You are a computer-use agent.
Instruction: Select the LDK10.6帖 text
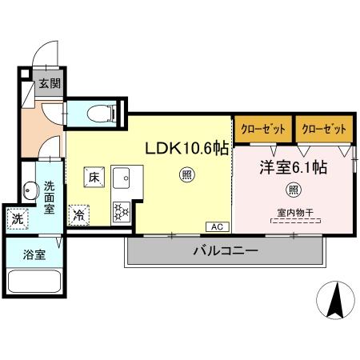[x=186, y=148]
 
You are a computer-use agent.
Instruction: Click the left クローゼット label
[x=262, y=128]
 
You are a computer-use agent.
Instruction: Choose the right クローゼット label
[x=324, y=128]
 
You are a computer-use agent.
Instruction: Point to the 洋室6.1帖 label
[x=291, y=169]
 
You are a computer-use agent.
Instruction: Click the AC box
[x=218, y=226]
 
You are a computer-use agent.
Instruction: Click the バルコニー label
[x=225, y=251]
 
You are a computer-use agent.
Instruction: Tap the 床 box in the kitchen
[x=94, y=177]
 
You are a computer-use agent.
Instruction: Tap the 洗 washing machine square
[x=17, y=218]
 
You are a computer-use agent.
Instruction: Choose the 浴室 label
[x=33, y=256]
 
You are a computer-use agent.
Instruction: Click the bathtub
[x=33, y=285]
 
